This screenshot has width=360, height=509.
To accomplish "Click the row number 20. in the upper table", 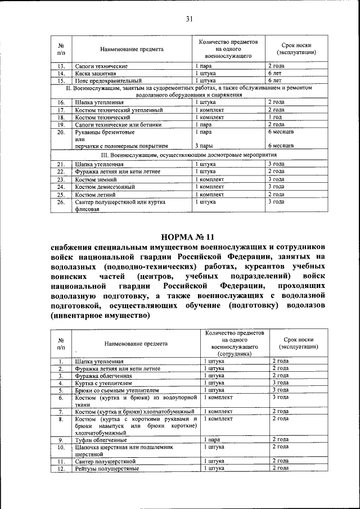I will click(x=61, y=132).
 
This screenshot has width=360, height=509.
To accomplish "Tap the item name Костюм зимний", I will click(x=96, y=179).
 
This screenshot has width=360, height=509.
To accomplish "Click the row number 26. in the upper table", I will click(x=61, y=201).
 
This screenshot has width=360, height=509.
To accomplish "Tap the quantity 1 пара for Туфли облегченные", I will click(x=212, y=439).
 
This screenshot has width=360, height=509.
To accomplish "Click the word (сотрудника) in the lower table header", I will click(x=236, y=355).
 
